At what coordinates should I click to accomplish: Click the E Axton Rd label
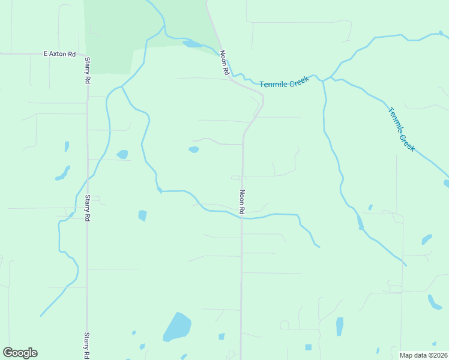[x=59, y=54]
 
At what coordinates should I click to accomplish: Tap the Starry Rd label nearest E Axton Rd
[x=88, y=71]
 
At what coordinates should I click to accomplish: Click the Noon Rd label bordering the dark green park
[x=225, y=63]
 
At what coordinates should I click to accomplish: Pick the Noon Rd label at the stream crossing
[x=242, y=202]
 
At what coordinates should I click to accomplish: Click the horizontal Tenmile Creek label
[x=284, y=82]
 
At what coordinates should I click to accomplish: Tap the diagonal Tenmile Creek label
[x=402, y=129]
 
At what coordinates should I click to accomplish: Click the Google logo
[x=20, y=353]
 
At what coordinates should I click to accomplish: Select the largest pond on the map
[x=177, y=327]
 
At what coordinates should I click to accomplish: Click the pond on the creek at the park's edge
[x=192, y=44]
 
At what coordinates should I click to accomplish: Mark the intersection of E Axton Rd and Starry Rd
[x=88, y=54]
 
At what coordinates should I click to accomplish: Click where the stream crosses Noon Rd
[x=242, y=218]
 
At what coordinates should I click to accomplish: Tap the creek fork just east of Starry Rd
[x=122, y=87]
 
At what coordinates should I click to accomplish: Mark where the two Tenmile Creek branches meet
[x=324, y=79]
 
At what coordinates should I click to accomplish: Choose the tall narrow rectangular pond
[x=340, y=326]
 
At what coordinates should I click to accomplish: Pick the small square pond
[x=308, y=347]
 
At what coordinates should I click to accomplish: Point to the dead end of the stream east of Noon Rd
[x=319, y=247]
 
